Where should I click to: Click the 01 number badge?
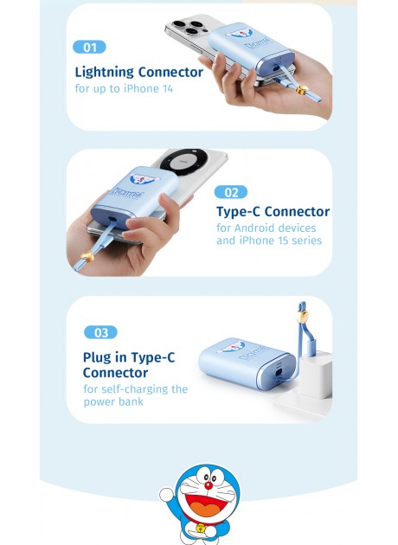[90, 47]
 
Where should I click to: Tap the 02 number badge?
[230, 192]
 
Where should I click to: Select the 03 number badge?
[99, 332]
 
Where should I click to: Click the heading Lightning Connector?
[138, 72]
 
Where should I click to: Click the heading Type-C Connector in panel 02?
[272, 211]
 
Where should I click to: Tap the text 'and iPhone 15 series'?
[268, 240]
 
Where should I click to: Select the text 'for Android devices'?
[266, 228]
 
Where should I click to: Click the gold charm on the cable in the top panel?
[301, 88]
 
